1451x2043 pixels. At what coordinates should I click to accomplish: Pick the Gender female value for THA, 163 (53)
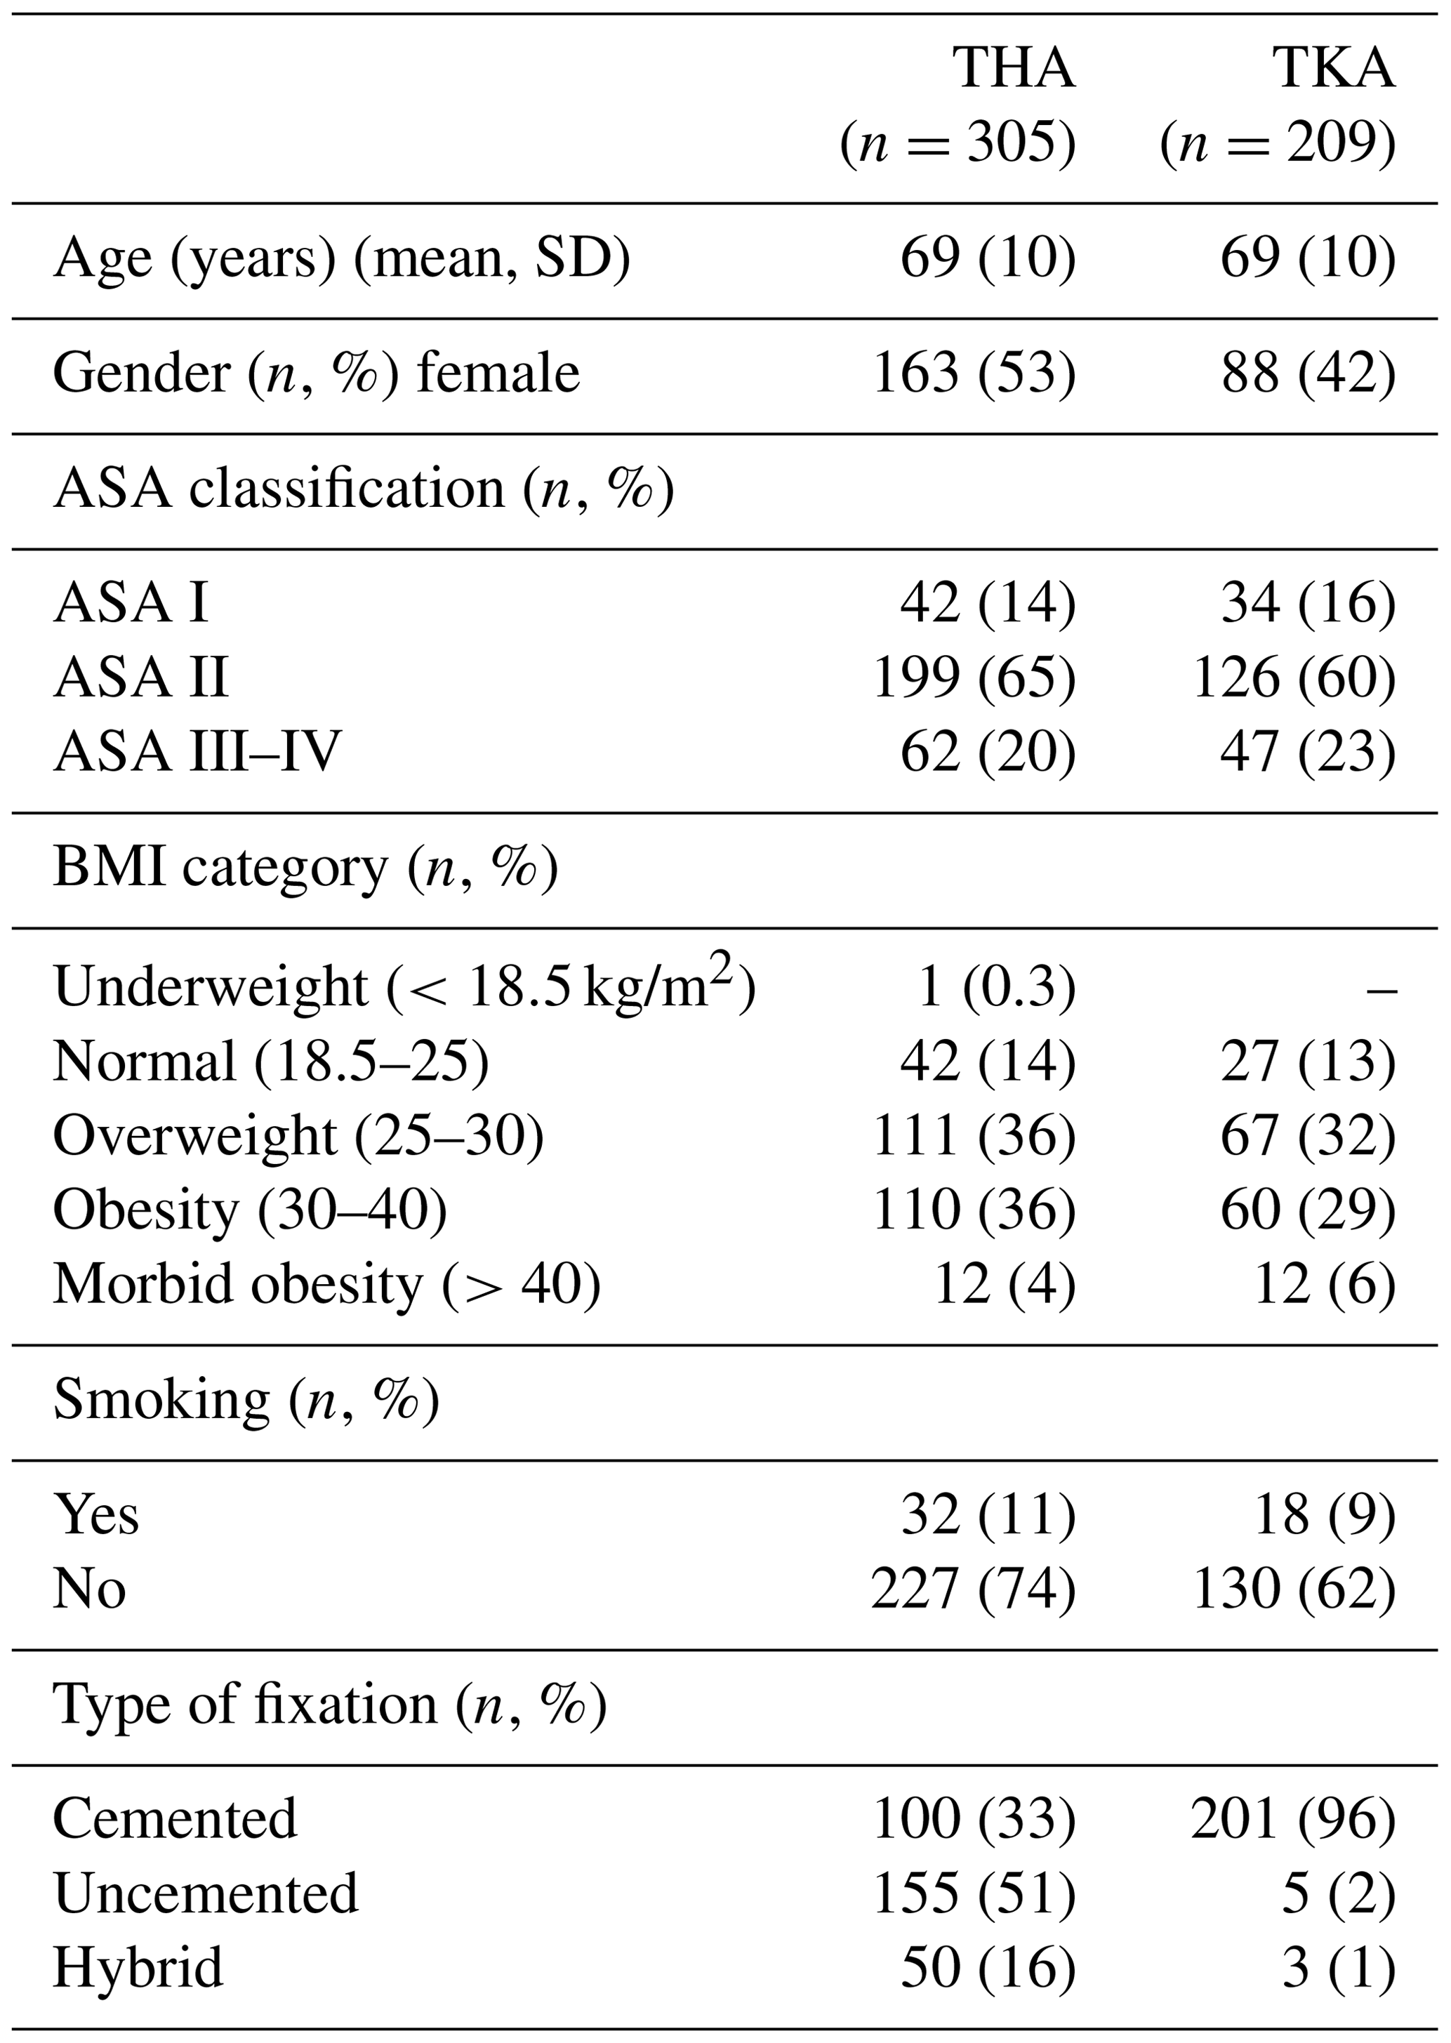point(973,373)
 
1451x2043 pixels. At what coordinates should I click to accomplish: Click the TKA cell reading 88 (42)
point(1308,373)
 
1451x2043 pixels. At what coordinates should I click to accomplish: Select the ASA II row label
point(141,678)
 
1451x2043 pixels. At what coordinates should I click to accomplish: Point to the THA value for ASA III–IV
point(987,751)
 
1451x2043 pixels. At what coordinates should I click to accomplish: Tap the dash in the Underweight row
point(1382,990)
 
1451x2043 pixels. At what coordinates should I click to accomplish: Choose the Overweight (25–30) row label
point(298,1137)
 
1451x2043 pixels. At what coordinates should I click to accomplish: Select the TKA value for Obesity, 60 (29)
point(1308,1211)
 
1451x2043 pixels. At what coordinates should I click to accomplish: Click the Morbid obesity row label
point(327,1285)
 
